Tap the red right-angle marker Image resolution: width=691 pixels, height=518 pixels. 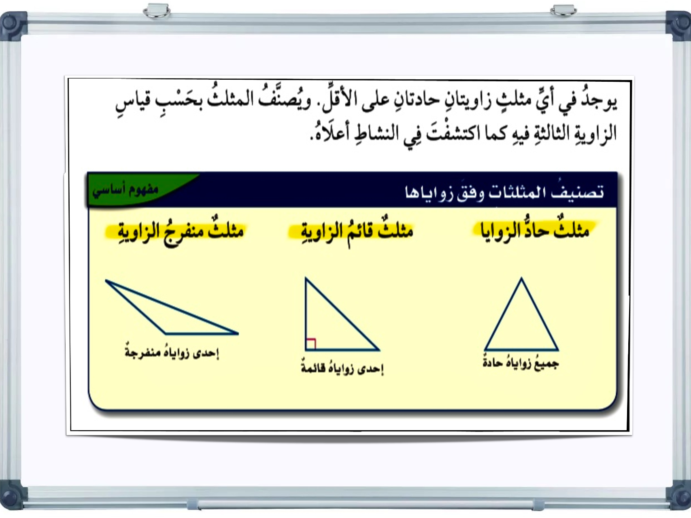click(310, 343)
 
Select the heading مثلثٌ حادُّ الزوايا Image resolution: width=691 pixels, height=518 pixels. click(534, 230)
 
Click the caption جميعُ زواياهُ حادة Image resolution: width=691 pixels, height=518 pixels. click(521, 363)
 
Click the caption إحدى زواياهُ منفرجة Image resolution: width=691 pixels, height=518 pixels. click(172, 352)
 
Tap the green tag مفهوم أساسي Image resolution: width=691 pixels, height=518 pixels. click(125, 189)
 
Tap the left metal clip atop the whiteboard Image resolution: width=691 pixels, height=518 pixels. click(157, 10)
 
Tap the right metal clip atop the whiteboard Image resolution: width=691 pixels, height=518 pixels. click(563, 10)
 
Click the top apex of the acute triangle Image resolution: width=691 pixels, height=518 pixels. click(521, 278)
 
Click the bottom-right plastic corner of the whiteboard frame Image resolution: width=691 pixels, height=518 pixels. click(678, 496)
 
